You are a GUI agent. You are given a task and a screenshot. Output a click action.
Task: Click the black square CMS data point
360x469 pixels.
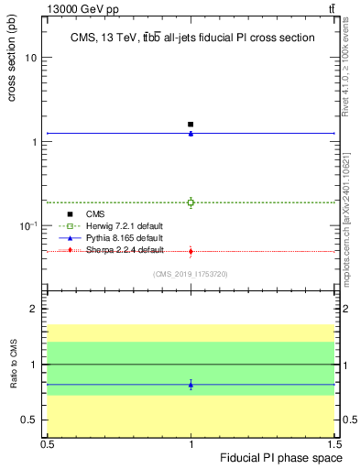pyautogui.click(x=191, y=125)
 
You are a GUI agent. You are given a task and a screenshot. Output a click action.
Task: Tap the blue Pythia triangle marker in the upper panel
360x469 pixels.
pyautogui.click(x=191, y=134)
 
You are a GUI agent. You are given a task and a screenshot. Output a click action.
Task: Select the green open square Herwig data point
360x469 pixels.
pyautogui.click(x=191, y=202)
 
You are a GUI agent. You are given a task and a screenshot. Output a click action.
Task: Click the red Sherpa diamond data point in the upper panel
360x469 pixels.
pyautogui.click(x=191, y=251)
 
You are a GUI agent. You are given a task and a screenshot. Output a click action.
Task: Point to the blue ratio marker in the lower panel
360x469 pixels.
pyautogui.click(x=191, y=385)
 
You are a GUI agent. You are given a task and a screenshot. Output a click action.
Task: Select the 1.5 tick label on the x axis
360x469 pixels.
pyautogui.click(x=336, y=443)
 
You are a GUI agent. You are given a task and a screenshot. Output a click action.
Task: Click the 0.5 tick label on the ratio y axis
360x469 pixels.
pyautogui.click(x=30, y=420)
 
